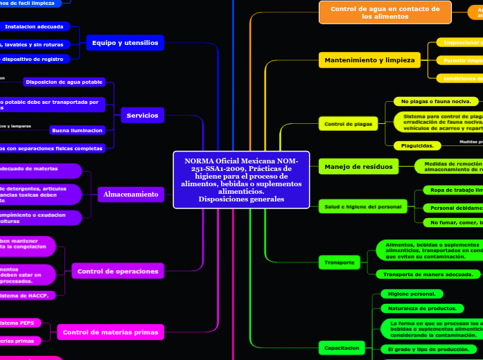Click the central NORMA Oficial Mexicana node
tap(240, 180)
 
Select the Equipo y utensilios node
tap(125, 43)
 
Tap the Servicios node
tap(142, 116)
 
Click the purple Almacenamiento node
tap(131, 195)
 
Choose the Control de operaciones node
tap(118, 271)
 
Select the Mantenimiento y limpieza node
tap(369, 60)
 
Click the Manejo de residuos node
tap(358, 166)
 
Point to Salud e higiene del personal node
tap(361, 207)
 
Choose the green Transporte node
tap(339, 262)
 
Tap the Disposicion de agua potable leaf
tap(64, 82)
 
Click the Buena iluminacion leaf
tap(77, 130)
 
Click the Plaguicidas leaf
tap(417, 145)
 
